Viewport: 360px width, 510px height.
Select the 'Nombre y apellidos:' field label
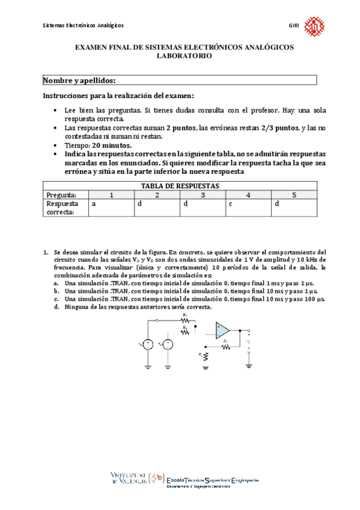click(79, 81)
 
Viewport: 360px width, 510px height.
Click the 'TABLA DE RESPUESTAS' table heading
click(180, 186)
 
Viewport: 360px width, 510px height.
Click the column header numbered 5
click(294, 195)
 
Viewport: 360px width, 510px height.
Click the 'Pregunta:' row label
click(61, 195)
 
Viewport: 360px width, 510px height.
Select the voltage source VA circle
click(148, 344)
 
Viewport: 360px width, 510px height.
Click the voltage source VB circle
click(168, 344)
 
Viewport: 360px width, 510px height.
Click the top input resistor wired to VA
click(186, 320)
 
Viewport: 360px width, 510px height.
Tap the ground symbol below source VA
click(148, 364)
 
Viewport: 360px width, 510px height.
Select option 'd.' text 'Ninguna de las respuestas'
click(138, 307)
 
